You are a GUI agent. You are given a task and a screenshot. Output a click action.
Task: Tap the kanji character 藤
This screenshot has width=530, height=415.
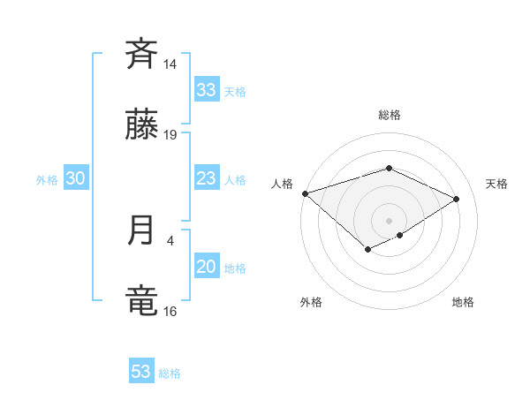(x=141, y=128)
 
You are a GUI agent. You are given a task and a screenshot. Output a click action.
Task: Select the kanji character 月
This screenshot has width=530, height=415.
(x=141, y=231)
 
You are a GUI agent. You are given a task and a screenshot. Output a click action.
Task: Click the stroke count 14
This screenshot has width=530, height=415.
(x=170, y=64)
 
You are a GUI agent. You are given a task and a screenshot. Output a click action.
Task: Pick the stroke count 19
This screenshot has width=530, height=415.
(x=170, y=135)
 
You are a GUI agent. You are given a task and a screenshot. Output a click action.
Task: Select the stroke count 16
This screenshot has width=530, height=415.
(x=170, y=311)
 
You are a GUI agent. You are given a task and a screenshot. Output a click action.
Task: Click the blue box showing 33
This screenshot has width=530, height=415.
(x=207, y=90)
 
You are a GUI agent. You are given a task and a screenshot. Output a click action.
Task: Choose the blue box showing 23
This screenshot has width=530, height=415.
(x=207, y=178)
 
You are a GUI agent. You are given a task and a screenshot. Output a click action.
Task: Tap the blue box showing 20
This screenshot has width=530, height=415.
(x=207, y=267)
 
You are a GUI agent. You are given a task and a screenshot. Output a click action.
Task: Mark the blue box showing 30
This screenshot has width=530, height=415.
(x=76, y=178)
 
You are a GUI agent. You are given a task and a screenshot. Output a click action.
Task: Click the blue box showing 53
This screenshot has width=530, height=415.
(x=141, y=372)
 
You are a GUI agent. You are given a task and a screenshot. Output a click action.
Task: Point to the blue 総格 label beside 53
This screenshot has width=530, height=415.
(x=170, y=373)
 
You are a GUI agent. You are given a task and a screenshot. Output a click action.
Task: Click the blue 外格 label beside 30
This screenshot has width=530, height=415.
(x=47, y=180)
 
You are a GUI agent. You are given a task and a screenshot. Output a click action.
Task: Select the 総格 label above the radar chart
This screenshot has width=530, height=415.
(x=389, y=116)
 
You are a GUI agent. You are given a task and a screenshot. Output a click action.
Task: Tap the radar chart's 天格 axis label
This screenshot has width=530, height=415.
(x=496, y=184)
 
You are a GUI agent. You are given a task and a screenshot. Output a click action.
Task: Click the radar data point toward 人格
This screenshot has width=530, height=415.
(x=305, y=192)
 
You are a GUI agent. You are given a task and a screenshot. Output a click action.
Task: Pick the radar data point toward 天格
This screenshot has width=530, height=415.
(x=456, y=199)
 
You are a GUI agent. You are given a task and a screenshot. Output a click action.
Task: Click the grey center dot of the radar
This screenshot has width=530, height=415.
(x=389, y=220)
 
